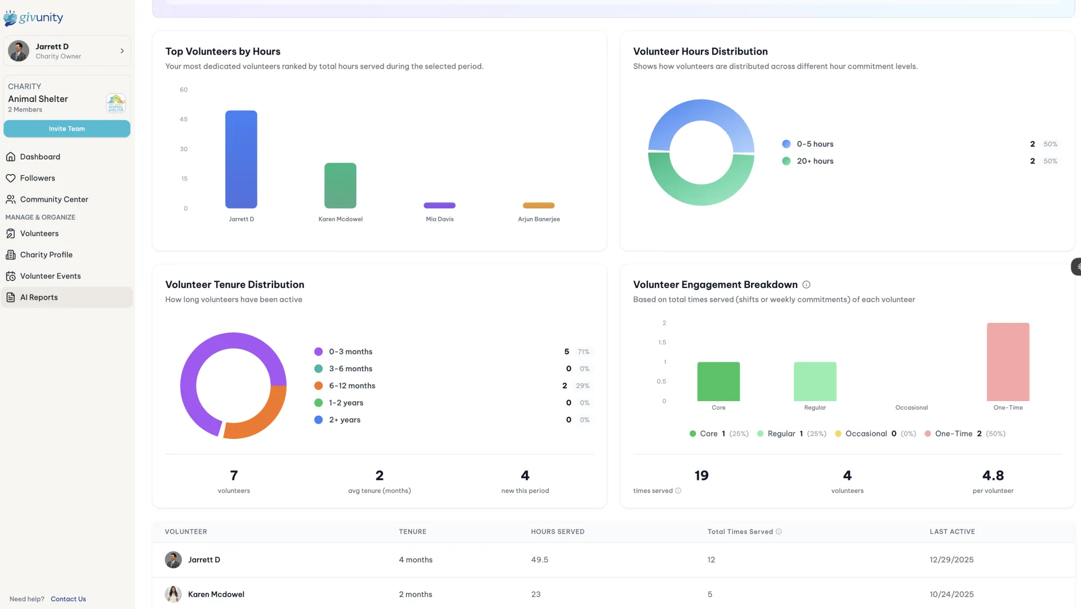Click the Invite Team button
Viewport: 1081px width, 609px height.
(x=66, y=128)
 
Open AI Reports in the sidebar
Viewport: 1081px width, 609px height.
(x=39, y=297)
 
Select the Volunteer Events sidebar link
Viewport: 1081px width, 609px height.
(x=50, y=276)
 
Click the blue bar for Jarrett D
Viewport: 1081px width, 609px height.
(x=241, y=159)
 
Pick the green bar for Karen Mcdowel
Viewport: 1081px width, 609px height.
(x=340, y=185)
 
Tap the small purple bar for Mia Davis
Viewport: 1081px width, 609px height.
(x=439, y=205)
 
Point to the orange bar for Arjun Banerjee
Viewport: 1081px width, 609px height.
(x=538, y=205)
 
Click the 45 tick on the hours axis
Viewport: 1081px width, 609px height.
(x=184, y=119)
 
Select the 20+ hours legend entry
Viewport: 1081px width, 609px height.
(x=815, y=161)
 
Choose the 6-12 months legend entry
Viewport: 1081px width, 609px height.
(x=352, y=386)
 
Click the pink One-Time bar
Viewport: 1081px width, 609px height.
(x=1008, y=362)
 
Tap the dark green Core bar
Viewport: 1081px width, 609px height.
(x=718, y=381)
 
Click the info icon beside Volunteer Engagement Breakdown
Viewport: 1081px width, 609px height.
(x=806, y=285)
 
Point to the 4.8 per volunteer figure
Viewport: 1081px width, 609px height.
(x=993, y=475)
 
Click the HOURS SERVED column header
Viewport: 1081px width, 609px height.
(x=557, y=532)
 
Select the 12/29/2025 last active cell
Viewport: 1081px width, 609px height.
(x=952, y=560)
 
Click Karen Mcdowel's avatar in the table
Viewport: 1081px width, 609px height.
(x=173, y=594)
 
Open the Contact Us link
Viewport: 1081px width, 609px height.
(x=68, y=599)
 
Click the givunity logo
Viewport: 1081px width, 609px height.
(x=34, y=17)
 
